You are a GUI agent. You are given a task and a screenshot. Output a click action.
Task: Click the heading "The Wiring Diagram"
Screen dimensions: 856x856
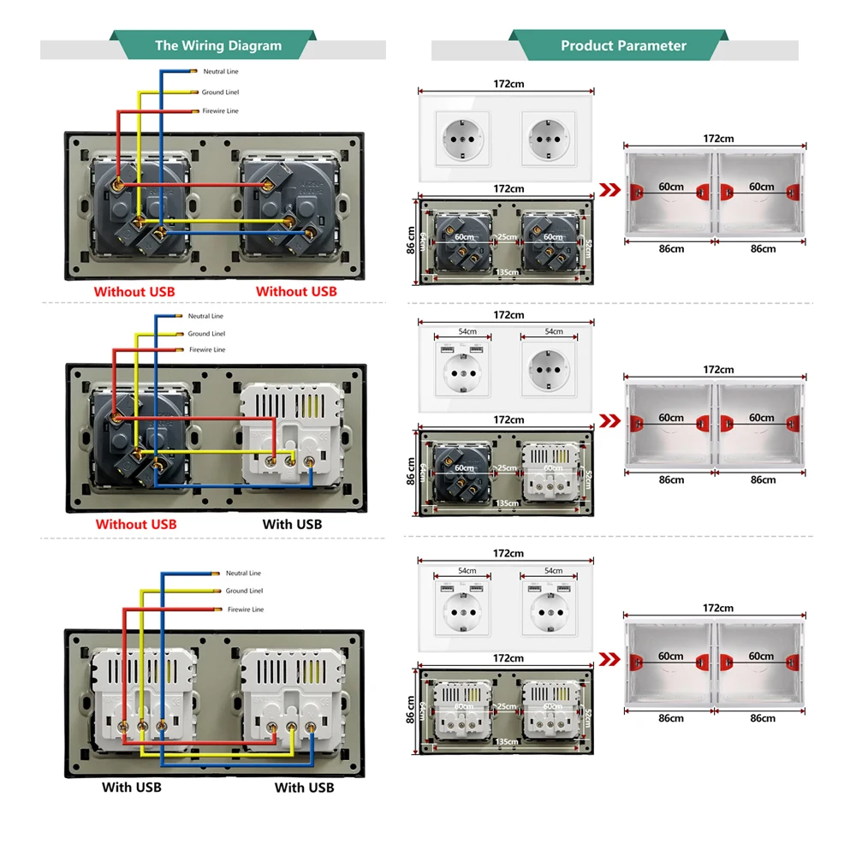217,45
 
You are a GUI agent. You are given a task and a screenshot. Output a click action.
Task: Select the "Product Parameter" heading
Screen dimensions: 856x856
623,45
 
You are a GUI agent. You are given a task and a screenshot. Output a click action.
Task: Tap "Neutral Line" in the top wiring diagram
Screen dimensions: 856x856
221,72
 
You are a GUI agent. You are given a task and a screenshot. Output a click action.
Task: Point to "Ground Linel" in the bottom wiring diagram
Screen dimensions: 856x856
244,591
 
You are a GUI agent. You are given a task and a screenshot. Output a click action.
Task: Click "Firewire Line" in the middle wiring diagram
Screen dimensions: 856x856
207,350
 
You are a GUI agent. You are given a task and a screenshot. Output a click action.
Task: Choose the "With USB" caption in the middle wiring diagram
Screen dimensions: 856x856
292,524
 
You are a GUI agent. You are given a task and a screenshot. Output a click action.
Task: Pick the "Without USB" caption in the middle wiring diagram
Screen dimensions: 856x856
136,524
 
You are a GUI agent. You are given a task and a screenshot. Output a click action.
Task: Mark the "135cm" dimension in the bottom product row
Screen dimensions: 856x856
507,740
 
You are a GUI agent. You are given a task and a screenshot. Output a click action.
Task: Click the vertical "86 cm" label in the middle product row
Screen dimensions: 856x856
411,467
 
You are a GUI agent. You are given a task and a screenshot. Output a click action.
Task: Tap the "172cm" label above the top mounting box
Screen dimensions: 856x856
718,139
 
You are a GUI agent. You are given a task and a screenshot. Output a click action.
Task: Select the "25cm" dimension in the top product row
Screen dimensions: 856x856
507,237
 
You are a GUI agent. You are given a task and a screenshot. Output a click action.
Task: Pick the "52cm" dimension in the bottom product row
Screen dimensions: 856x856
589,711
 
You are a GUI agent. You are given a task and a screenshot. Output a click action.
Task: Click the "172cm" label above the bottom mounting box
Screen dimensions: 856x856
718,609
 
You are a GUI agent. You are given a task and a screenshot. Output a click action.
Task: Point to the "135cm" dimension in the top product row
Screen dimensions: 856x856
507,272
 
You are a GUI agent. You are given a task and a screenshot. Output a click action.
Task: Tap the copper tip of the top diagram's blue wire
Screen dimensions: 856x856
194,70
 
